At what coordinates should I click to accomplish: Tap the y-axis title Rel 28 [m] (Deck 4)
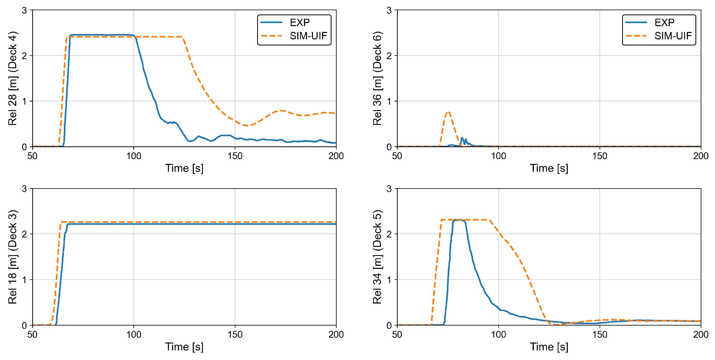(x=13, y=79)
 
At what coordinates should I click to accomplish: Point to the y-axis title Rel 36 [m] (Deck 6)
(x=377, y=79)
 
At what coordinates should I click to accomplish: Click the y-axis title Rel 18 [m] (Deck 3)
(x=13, y=257)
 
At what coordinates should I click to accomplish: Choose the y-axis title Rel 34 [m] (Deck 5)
(x=377, y=257)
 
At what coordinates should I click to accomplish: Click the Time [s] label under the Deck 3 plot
(x=184, y=347)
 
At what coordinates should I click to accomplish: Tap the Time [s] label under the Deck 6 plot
(x=549, y=168)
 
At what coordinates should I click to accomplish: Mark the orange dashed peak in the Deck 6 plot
(x=448, y=112)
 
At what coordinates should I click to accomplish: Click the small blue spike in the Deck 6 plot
(x=462, y=138)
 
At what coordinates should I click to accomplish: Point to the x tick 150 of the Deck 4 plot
(x=235, y=156)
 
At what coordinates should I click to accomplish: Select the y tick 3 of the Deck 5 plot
(x=389, y=189)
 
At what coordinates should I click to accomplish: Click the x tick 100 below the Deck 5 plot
(x=498, y=334)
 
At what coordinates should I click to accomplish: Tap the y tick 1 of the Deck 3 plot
(x=24, y=280)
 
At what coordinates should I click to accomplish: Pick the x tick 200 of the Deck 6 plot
(x=701, y=156)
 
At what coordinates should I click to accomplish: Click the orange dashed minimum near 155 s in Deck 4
(x=247, y=126)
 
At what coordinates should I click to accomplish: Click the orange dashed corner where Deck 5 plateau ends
(x=489, y=220)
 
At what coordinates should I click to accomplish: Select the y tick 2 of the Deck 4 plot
(x=24, y=56)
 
